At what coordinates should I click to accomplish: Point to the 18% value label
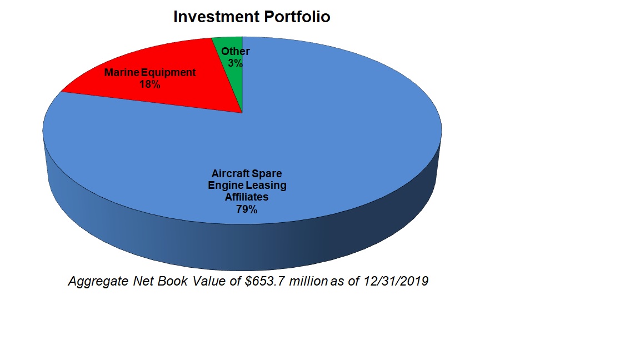pos(150,84)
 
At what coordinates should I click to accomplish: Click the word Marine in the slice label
pos(122,72)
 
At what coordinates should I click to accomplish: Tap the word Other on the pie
pos(235,51)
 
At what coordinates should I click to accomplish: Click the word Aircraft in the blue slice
pos(231,173)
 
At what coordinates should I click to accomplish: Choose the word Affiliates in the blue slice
pos(246,197)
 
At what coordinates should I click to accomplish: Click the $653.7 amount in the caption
pos(265,282)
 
